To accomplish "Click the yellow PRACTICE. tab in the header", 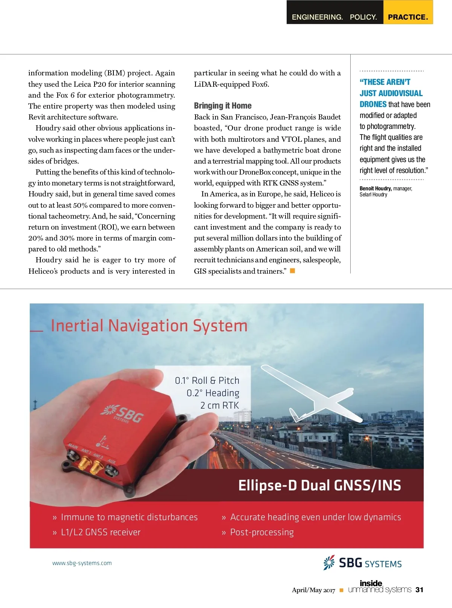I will click(408, 17).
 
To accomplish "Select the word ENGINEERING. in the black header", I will click(317, 17).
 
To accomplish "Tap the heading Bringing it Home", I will click(223, 106).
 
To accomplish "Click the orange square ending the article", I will click(292, 271).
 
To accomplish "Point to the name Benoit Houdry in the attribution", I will click(376, 188).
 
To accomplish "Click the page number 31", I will click(419, 590).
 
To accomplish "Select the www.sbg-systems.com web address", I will click(82, 563).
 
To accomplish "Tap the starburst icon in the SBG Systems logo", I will click(329, 562).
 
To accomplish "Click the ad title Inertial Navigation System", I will click(149, 326).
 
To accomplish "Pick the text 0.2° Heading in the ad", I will click(213, 393).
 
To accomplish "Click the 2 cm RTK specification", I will click(220, 406).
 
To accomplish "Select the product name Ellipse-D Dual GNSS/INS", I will click(319, 485).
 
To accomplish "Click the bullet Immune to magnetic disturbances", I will click(129, 517).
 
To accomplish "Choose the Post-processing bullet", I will click(262, 532).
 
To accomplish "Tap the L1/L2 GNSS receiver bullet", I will click(101, 532).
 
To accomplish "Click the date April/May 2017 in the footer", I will click(313, 590).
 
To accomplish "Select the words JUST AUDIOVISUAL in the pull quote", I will click(391, 93).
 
